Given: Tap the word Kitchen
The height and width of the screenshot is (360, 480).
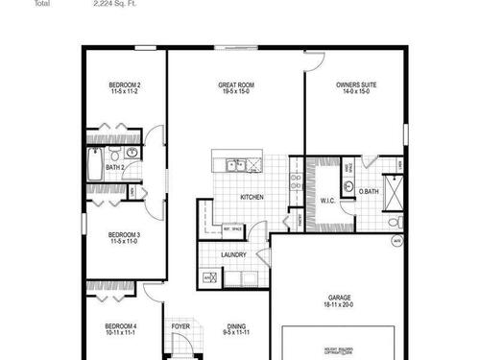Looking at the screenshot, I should click(252, 198).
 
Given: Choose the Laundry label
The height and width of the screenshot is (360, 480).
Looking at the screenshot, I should click(233, 254).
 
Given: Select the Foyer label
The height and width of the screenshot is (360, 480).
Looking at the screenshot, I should click(180, 326).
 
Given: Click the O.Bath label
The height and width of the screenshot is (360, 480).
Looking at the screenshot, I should click(369, 192).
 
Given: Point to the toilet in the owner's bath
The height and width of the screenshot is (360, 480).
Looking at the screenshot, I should click(396, 222).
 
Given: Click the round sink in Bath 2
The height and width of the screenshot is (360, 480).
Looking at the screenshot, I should click(132, 156).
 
